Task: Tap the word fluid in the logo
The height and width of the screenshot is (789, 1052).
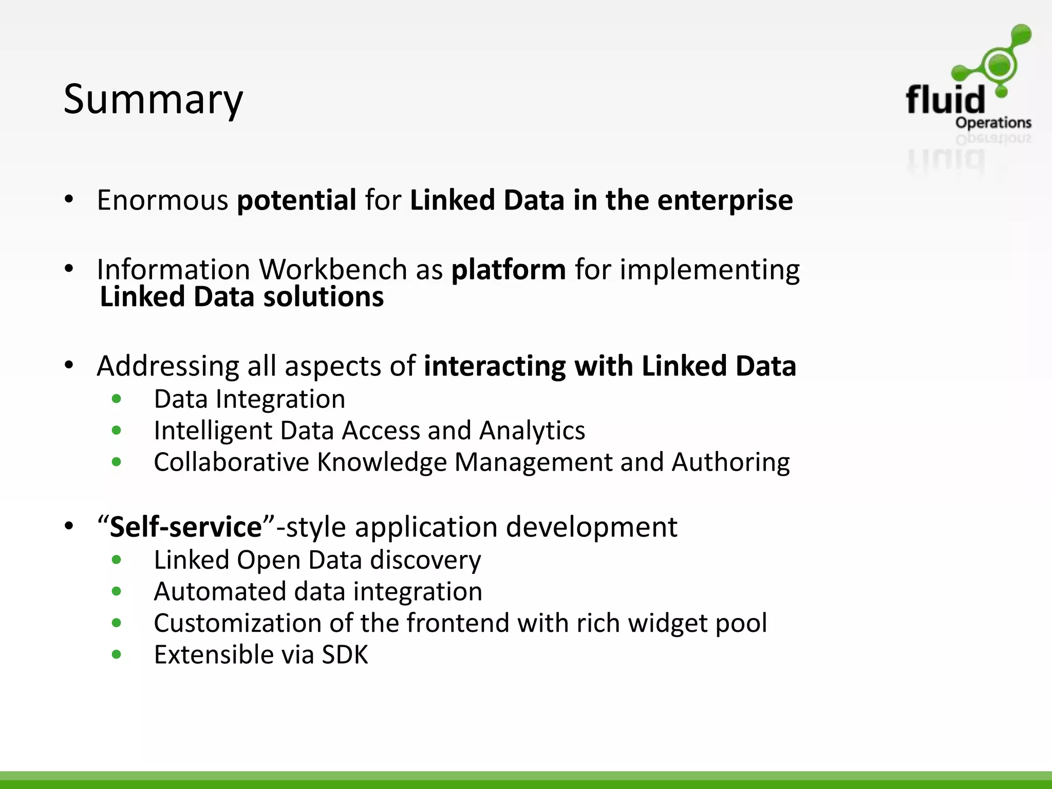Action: coord(945,100)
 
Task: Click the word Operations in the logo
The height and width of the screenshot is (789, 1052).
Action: coord(993,123)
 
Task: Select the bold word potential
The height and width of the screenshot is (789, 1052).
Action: coord(296,200)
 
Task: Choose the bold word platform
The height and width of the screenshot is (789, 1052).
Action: coord(509,270)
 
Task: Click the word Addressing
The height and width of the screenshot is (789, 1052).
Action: coord(167,367)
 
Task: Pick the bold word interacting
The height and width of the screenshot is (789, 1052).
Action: coord(495,366)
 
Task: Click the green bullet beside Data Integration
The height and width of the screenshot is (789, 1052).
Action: coord(117,399)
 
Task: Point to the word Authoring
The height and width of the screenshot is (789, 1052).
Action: coord(730,462)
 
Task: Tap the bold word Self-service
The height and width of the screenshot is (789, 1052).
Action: coord(186,528)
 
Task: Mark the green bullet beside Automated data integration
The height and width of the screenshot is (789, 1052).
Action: coord(117,592)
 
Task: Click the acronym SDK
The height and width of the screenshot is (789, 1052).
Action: coord(345,655)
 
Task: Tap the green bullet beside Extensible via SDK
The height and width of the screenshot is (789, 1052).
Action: coord(117,654)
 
